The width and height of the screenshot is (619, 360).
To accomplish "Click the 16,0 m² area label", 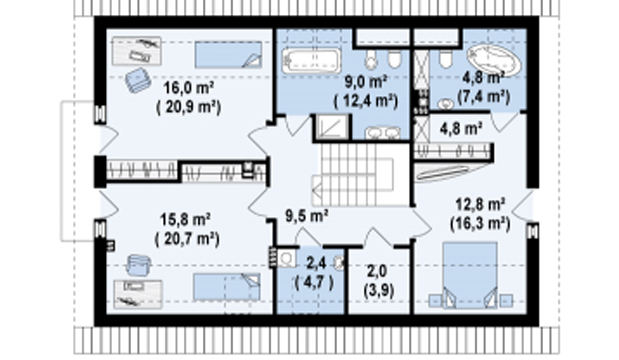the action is [x=189, y=88].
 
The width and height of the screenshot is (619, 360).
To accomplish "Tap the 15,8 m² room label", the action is [x=186, y=220].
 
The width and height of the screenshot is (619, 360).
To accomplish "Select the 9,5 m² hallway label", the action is [x=307, y=216].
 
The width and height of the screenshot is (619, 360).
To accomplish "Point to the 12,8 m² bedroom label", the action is [x=480, y=204].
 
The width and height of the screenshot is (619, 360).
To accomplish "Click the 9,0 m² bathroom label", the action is [x=366, y=82].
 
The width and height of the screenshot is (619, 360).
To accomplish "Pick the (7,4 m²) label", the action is [x=484, y=96].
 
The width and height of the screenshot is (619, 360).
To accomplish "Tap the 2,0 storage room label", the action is [x=377, y=272].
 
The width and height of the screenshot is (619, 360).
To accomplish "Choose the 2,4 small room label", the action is [x=315, y=262].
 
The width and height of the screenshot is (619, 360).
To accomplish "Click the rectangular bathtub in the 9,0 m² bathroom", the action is [x=311, y=60].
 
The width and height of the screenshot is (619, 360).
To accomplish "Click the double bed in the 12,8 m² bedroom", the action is [x=470, y=275].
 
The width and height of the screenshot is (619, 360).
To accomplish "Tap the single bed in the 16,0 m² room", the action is [x=228, y=55].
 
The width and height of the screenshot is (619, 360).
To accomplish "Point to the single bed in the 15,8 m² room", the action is [x=227, y=287].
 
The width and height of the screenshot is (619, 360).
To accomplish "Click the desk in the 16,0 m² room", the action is [x=137, y=51].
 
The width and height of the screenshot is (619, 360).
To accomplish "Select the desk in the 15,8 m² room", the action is [x=138, y=294].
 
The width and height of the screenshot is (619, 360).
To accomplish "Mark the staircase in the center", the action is [x=361, y=175].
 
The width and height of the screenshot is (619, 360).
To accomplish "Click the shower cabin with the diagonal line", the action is [x=332, y=127].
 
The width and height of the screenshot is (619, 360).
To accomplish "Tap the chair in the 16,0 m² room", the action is [x=138, y=80].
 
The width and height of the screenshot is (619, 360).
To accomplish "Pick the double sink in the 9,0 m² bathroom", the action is [x=382, y=133].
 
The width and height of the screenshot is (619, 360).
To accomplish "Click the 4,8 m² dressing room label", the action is [x=461, y=129].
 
